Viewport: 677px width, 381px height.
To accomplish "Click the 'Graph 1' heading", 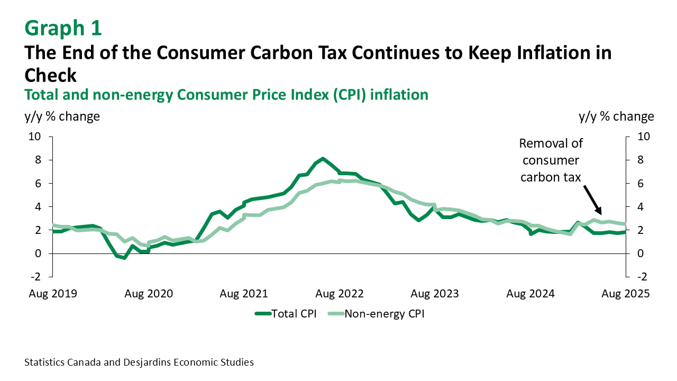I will click(x=63, y=28).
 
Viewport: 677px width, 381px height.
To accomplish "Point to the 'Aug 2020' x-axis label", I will click(x=149, y=293).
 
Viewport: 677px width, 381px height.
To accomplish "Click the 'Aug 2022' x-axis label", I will click(x=340, y=293).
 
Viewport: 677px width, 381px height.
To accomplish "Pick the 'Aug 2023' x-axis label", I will click(x=435, y=293).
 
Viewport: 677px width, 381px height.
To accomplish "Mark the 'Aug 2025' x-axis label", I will click(x=626, y=293).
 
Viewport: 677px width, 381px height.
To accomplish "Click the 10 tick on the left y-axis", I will click(x=35, y=137).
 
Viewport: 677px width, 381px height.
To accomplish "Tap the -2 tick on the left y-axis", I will click(x=35, y=277).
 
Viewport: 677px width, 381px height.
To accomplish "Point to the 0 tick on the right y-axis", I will click(x=638, y=253).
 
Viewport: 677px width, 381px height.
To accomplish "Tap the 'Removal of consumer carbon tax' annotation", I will click(x=551, y=160).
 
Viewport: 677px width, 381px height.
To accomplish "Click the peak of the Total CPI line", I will click(x=323, y=159).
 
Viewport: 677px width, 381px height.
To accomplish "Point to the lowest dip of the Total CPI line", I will click(x=124, y=258).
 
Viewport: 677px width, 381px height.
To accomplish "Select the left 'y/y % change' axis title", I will click(x=62, y=116).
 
